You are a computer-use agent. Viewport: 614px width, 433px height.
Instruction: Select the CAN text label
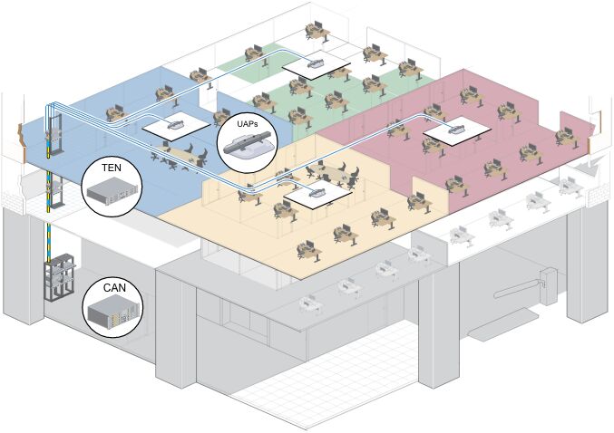[114, 288]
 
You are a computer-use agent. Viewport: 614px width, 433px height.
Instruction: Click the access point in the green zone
[316, 63]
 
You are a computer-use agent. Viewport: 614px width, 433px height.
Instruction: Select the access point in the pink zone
[457, 128]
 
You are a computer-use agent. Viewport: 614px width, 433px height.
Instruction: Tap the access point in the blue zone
[176, 122]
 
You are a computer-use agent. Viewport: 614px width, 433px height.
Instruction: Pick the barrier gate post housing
[546, 273]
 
